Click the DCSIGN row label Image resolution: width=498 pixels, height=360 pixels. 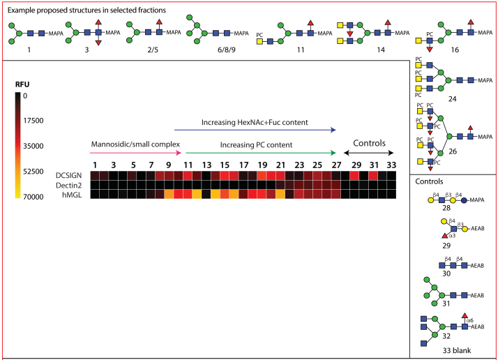[68, 175]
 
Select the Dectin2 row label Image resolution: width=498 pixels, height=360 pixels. [68, 186]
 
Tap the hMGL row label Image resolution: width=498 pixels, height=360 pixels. [72, 195]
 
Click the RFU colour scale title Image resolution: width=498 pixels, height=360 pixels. [22, 84]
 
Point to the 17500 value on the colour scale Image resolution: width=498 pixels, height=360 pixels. [33, 121]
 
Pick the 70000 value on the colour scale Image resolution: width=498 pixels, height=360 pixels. [33, 197]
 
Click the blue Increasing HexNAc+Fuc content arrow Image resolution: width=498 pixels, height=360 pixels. [255, 130]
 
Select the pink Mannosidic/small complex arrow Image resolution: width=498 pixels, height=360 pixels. [135, 153]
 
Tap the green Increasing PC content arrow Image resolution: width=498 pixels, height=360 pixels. [261, 153]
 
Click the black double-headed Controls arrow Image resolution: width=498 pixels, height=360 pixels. [369, 153]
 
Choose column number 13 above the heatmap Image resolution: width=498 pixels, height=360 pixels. [206, 165]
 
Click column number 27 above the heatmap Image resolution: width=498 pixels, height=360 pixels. [336, 165]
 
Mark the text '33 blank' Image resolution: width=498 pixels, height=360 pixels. [457, 350]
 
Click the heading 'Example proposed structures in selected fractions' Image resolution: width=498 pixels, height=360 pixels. [86, 10]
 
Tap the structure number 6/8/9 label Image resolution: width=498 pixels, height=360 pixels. [227, 50]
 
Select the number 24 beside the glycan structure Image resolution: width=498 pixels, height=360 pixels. [452, 99]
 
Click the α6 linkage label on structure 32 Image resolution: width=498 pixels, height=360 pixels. [470, 320]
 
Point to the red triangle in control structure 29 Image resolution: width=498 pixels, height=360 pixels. [445, 236]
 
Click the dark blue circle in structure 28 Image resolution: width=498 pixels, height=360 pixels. [464, 200]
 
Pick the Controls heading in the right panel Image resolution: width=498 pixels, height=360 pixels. [429, 181]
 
